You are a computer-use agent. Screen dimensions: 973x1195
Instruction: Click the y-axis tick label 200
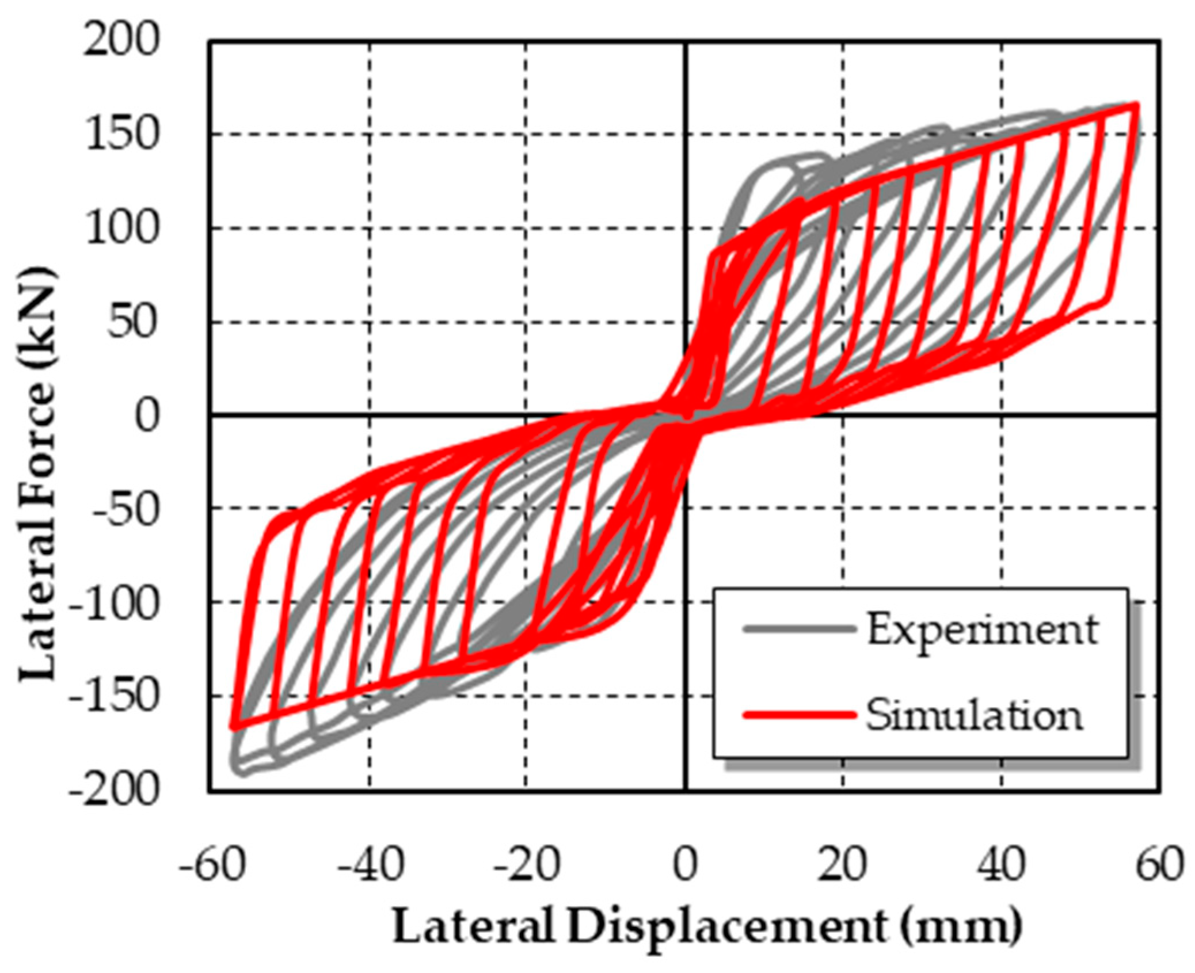click(120, 41)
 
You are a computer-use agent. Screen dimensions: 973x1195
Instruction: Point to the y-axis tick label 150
click(121, 136)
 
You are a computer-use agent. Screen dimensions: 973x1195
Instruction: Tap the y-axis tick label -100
click(113, 604)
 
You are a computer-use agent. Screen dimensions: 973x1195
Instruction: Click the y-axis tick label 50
click(132, 322)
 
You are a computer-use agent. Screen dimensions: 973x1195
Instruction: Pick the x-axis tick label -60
click(212, 864)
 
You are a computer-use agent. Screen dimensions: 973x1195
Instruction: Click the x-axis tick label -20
click(526, 864)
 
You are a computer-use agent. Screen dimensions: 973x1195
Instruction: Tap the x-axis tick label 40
click(1002, 864)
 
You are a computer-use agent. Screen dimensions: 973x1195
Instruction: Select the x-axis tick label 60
click(1159, 864)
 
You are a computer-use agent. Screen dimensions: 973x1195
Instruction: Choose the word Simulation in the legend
click(974, 716)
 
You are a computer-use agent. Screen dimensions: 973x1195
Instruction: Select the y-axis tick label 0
click(147, 415)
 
